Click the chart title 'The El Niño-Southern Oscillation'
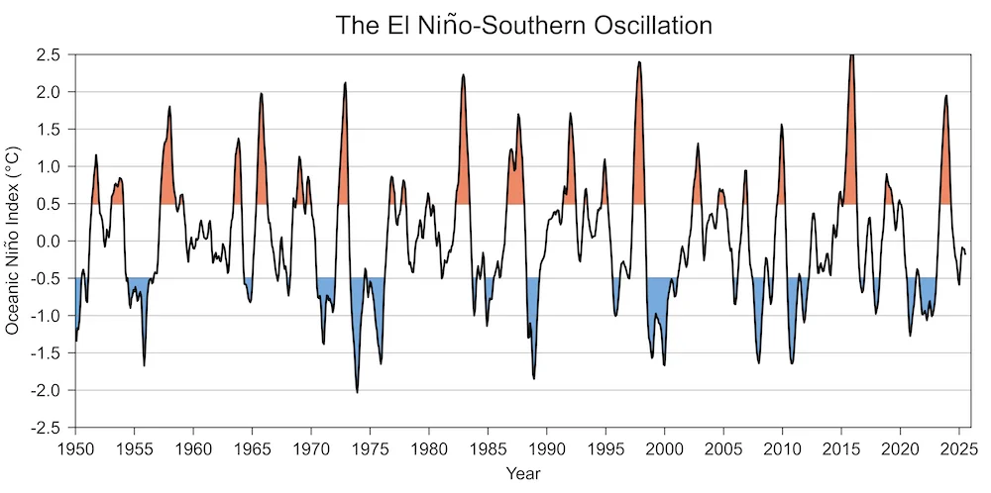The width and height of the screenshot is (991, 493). (522, 23)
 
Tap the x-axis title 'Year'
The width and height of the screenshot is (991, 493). (522, 473)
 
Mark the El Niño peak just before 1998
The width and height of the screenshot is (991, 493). (639, 62)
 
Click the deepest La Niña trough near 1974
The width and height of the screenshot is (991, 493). (358, 392)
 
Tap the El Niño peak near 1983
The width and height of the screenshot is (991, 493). (463, 74)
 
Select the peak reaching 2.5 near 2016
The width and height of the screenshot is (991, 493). (852, 55)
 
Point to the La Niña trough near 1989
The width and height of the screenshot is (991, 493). (534, 378)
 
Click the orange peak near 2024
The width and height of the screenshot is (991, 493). (946, 96)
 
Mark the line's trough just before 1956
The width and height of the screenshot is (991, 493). (144, 365)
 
